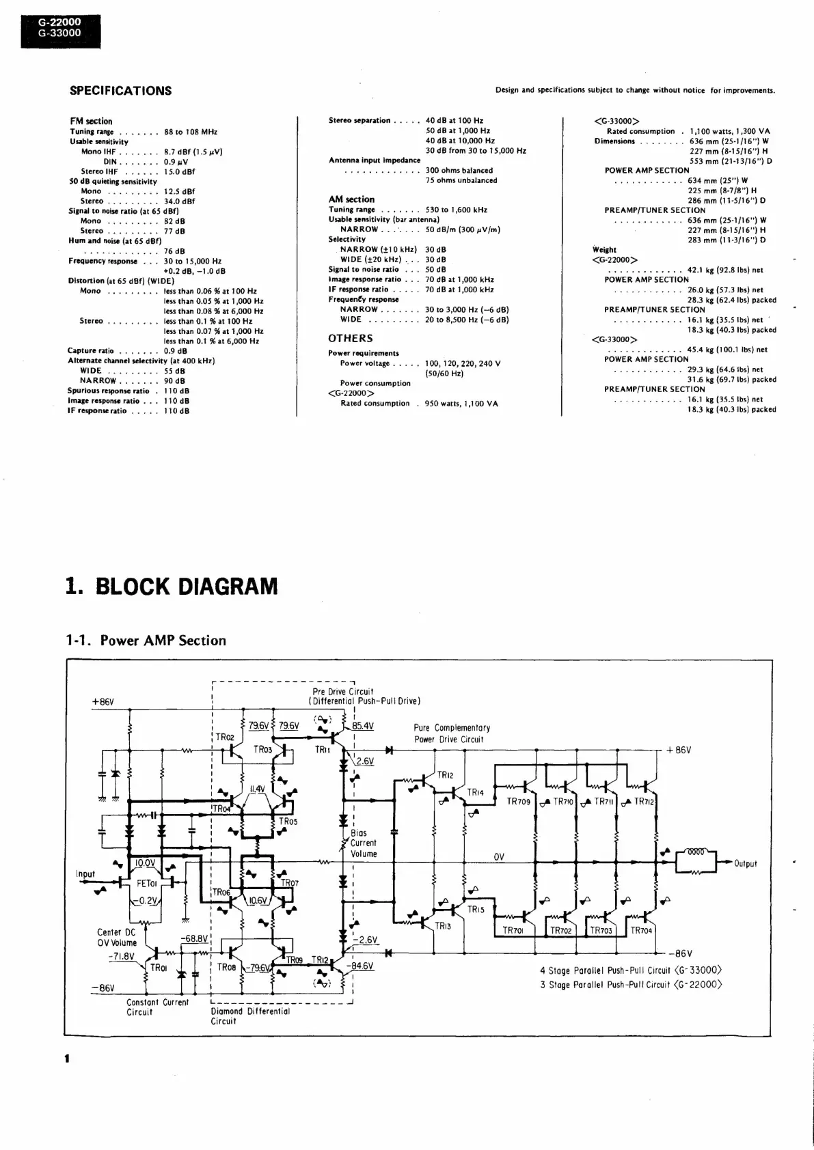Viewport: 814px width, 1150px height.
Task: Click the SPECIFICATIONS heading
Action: pyautogui.click(x=120, y=91)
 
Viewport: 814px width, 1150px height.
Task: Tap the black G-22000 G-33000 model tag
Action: pyautogui.click(x=59, y=27)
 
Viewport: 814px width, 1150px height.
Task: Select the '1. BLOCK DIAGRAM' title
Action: pyautogui.click(x=172, y=586)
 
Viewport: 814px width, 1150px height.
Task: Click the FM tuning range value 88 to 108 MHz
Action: pyautogui.click(x=191, y=132)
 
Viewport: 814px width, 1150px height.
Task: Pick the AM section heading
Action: pyautogui.click(x=351, y=199)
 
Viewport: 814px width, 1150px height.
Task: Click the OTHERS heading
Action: pyautogui.click(x=350, y=338)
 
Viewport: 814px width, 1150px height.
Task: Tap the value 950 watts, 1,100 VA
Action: pyautogui.click(x=461, y=404)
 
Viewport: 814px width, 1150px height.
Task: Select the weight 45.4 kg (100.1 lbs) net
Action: pyautogui.click(x=727, y=350)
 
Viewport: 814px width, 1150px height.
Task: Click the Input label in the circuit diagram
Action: pyautogui.click(x=85, y=874)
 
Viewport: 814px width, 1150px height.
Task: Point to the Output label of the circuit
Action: pyautogui.click(x=745, y=864)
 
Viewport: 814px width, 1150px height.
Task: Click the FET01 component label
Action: pyautogui.click(x=147, y=883)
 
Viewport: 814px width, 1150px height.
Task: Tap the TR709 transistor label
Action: pyautogui.click(x=518, y=802)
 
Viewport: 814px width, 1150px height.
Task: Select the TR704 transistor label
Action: pyautogui.click(x=641, y=930)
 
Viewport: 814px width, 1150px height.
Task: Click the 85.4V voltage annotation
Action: pyautogui.click(x=363, y=726)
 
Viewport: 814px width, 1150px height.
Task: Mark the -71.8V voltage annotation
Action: pyautogui.click(x=121, y=956)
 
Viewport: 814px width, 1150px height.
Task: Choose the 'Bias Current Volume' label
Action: pyautogui.click(x=364, y=843)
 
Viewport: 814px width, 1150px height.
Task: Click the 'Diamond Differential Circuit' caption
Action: pyautogui.click(x=250, y=1016)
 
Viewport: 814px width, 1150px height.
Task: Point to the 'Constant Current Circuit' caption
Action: pyautogui.click(x=157, y=1007)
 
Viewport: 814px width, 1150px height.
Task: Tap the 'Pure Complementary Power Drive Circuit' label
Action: pyautogui.click(x=452, y=733)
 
